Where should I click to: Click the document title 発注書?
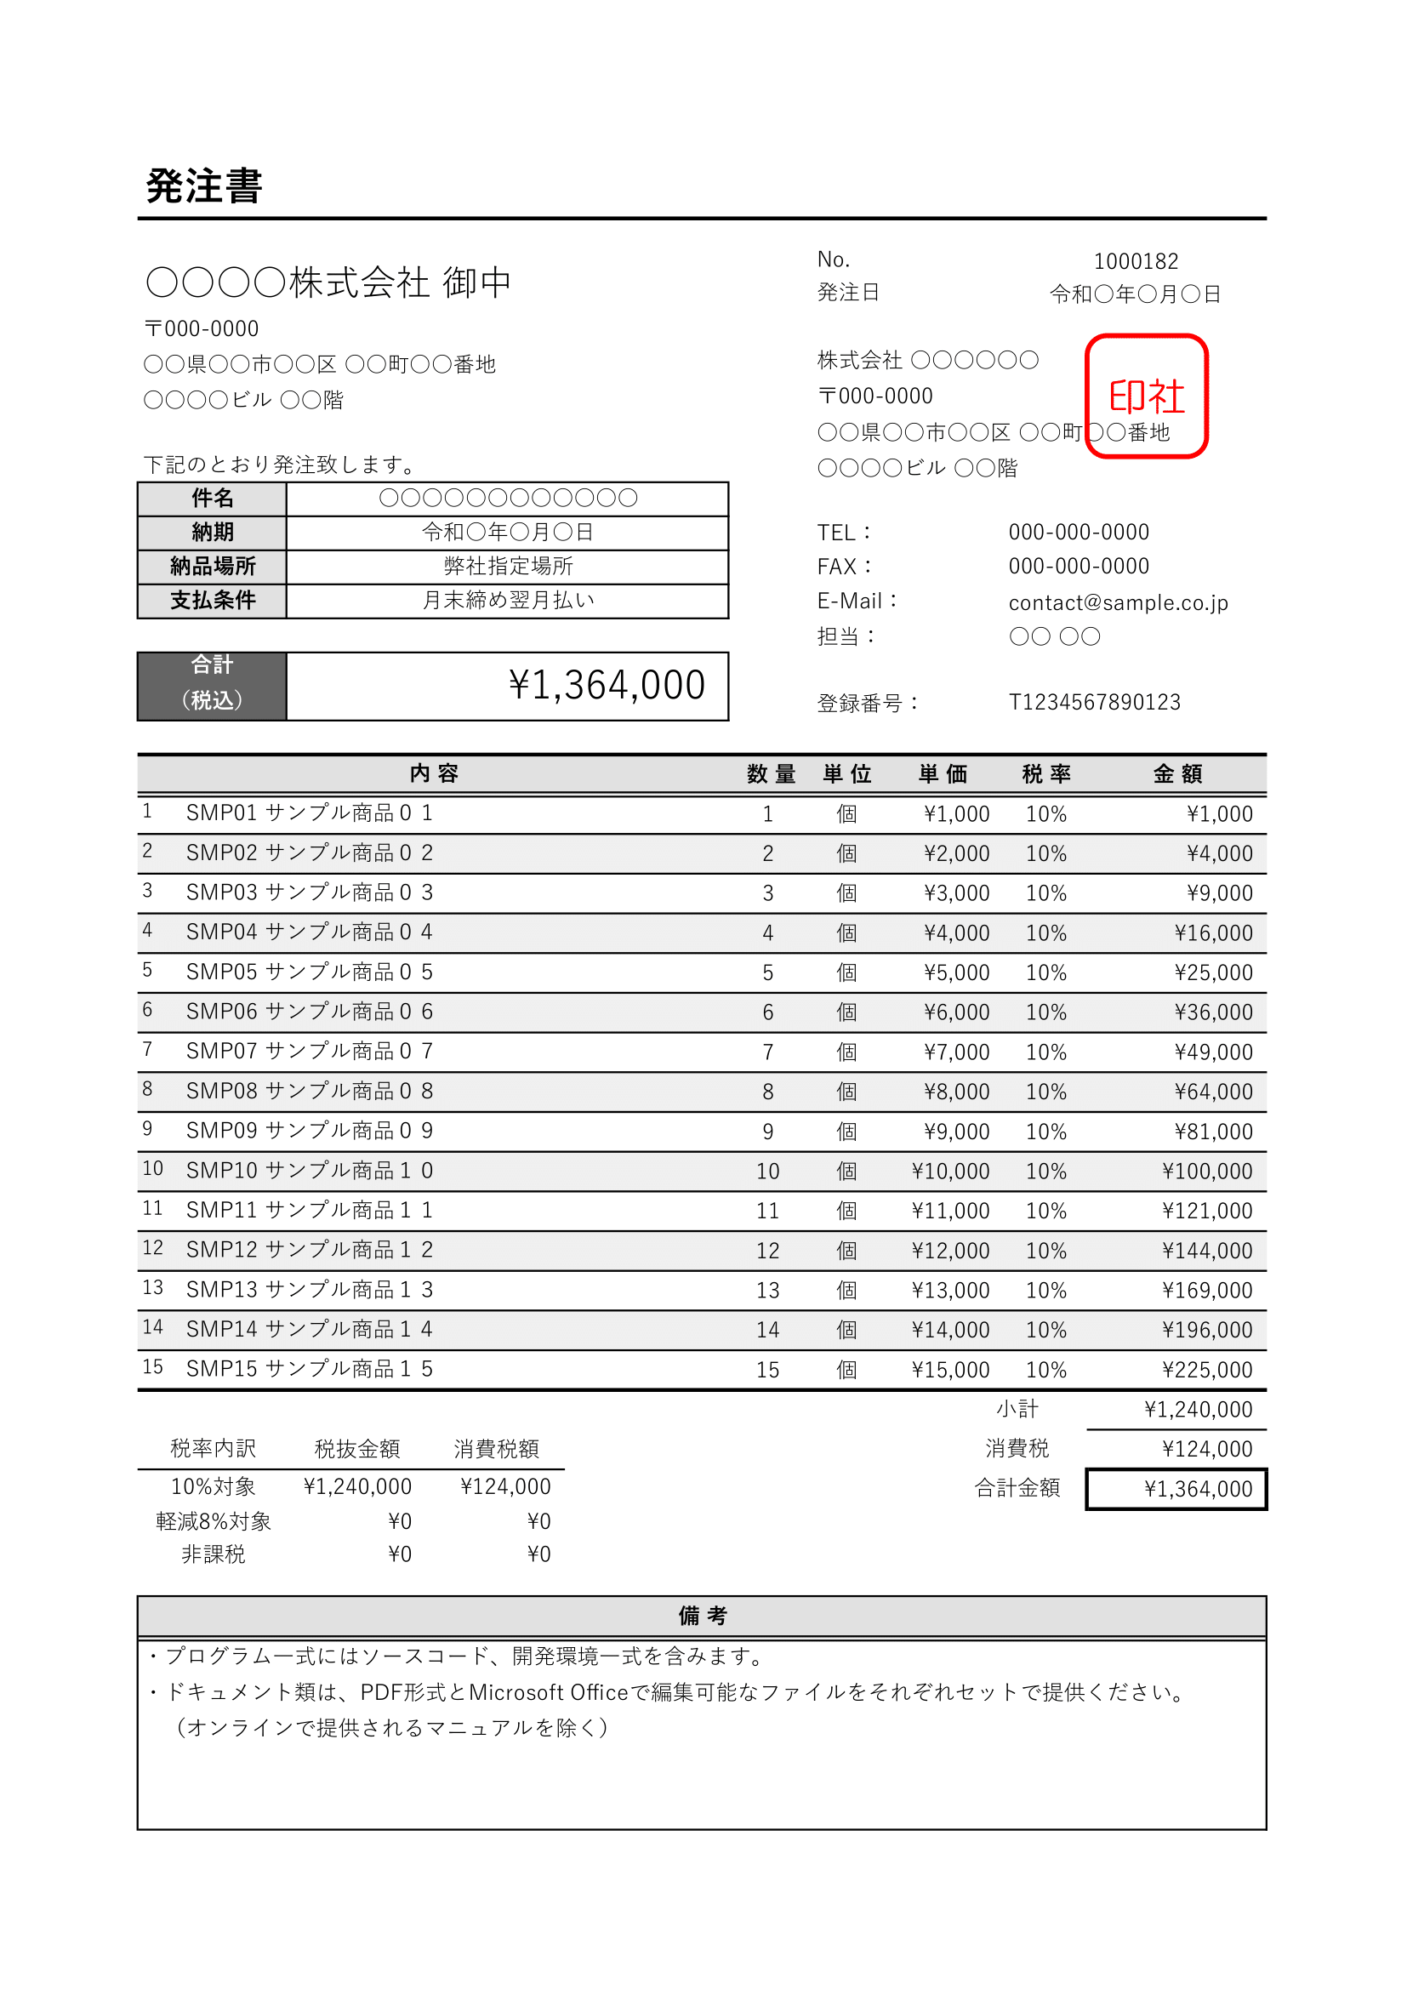pyautogui.click(x=203, y=185)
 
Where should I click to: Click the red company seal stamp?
pyautogui.click(x=1146, y=396)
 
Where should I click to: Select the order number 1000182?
pyautogui.click(x=1136, y=261)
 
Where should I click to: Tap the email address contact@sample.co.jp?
pyautogui.click(x=1118, y=602)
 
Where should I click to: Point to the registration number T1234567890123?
pyautogui.click(x=1094, y=702)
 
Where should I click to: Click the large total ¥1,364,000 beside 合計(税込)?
pyautogui.click(x=607, y=686)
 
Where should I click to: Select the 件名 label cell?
pyautogui.click(x=213, y=499)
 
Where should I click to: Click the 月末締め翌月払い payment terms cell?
pyautogui.click(x=508, y=601)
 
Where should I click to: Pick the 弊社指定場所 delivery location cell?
pyautogui.click(x=508, y=566)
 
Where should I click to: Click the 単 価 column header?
pyautogui.click(x=943, y=774)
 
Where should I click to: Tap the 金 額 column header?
pyautogui.click(x=1177, y=774)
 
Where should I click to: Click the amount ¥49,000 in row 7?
pyautogui.click(x=1213, y=1052)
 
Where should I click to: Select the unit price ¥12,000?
pyautogui.click(x=949, y=1251)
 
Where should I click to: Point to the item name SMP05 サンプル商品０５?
pyautogui.click(x=310, y=972)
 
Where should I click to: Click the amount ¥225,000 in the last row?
pyautogui.click(x=1207, y=1370)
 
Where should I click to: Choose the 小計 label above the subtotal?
pyautogui.click(x=1017, y=1409)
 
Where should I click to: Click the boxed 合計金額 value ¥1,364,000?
pyautogui.click(x=1198, y=1489)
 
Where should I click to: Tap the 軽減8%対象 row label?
pyautogui.click(x=214, y=1521)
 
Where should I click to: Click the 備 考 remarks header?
pyautogui.click(x=702, y=1616)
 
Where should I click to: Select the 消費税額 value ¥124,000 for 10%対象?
pyautogui.click(x=505, y=1486)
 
